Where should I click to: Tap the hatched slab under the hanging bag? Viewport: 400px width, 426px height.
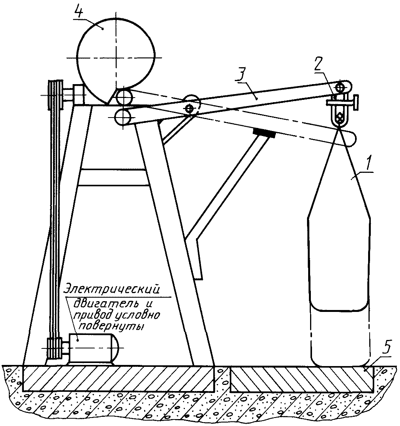tap(302, 379)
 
